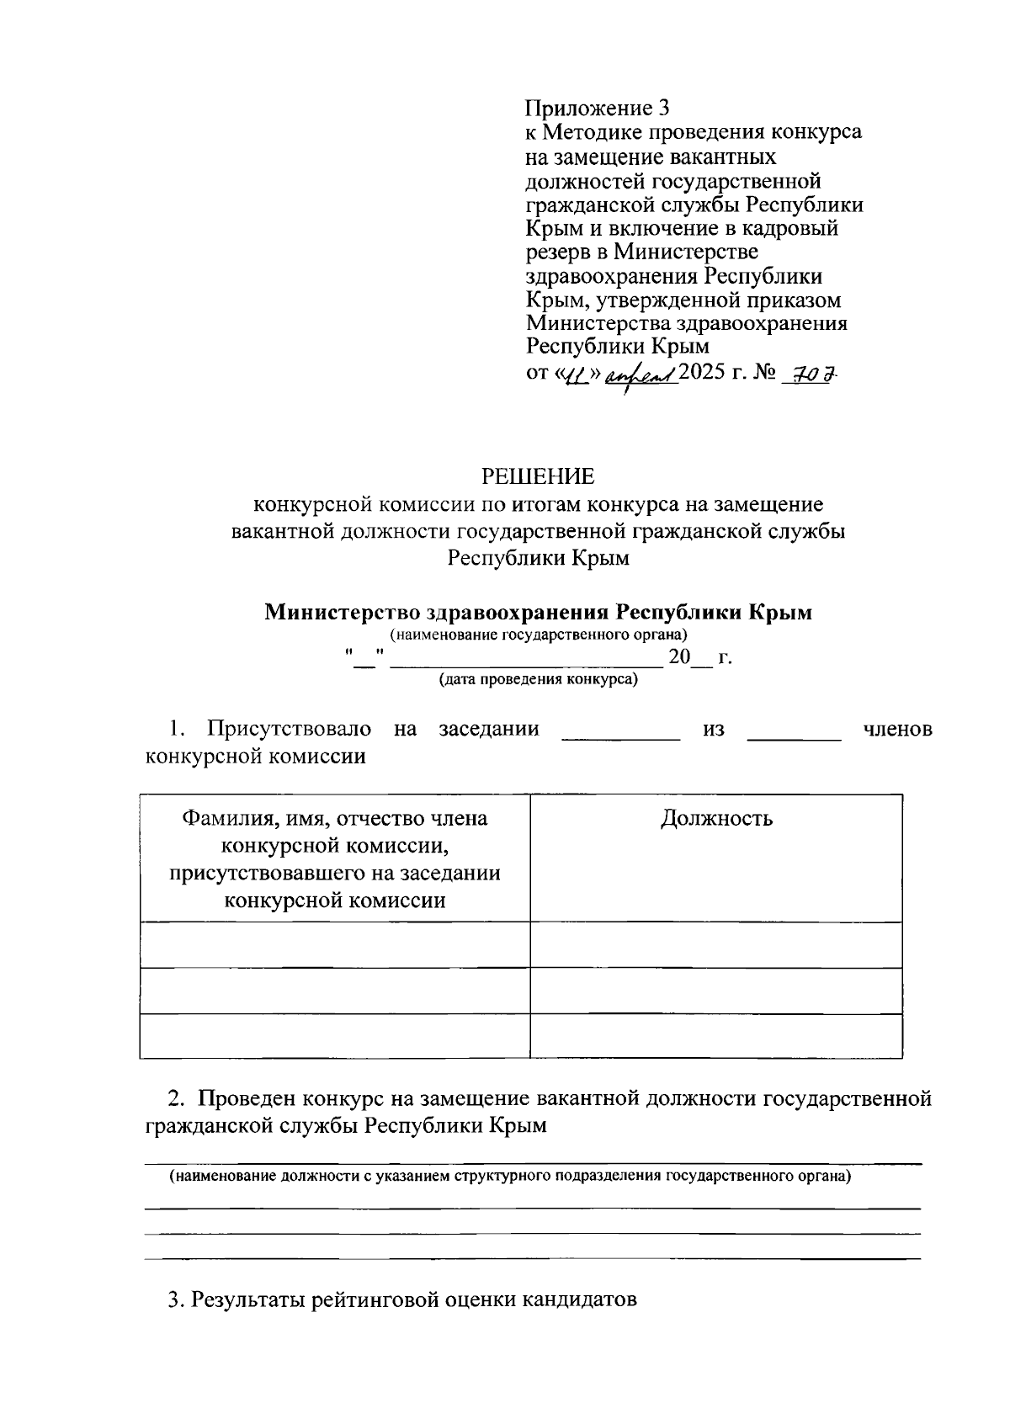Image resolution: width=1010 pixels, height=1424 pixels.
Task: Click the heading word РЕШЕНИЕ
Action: [538, 477]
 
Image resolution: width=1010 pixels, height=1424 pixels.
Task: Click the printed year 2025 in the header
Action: [704, 372]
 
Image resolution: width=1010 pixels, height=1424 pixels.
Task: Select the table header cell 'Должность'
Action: [716, 818]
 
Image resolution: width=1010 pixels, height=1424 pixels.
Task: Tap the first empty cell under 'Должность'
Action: [716, 944]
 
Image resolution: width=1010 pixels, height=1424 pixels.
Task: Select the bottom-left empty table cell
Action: [335, 1035]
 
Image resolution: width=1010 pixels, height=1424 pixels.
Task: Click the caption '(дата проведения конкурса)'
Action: [538, 680]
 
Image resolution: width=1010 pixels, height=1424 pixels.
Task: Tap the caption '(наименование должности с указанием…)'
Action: [510, 1177]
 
